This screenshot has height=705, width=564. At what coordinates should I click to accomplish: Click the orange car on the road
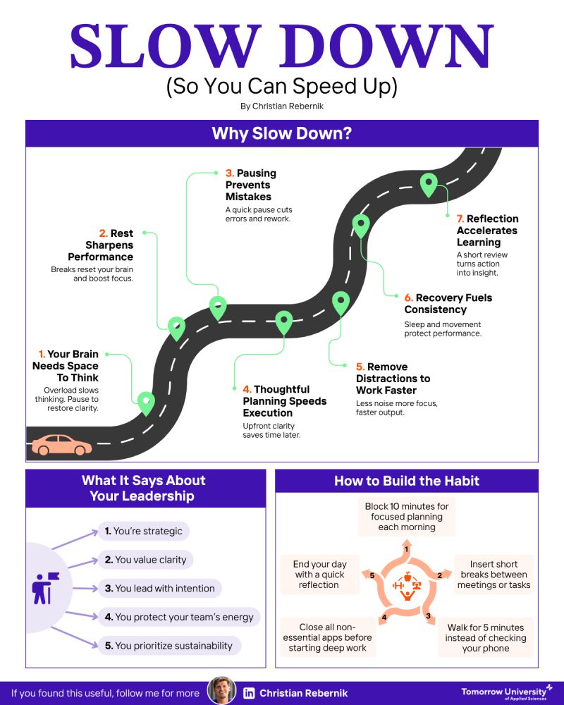[x=62, y=445]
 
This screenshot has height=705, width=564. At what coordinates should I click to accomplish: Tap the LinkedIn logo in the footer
[x=249, y=693]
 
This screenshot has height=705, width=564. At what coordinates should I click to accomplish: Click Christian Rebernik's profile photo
[x=221, y=692]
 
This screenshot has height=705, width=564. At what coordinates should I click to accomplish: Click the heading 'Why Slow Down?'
[x=282, y=133]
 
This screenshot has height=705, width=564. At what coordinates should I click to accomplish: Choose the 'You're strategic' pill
[x=143, y=531]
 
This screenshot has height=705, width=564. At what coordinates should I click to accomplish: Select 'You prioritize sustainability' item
[x=168, y=645]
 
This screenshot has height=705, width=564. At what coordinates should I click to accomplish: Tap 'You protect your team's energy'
[x=179, y=617]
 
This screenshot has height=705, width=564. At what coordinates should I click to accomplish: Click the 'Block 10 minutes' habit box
[x=407, y=517]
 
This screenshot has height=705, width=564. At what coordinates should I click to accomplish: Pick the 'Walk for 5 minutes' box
[x=486, y=638]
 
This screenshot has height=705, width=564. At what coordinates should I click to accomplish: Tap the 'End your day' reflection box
[x=319, y=574]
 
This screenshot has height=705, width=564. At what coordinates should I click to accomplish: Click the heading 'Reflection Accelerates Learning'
[x=487, y=231]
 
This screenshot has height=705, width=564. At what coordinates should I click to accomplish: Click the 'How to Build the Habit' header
[x=407, y=481]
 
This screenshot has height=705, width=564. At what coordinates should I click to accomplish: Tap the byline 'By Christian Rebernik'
[x=282, y=106]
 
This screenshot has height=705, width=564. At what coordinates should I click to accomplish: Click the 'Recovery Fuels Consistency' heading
[x=448, y=303]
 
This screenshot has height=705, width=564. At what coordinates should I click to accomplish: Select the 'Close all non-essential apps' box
[x=329, y=638]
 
